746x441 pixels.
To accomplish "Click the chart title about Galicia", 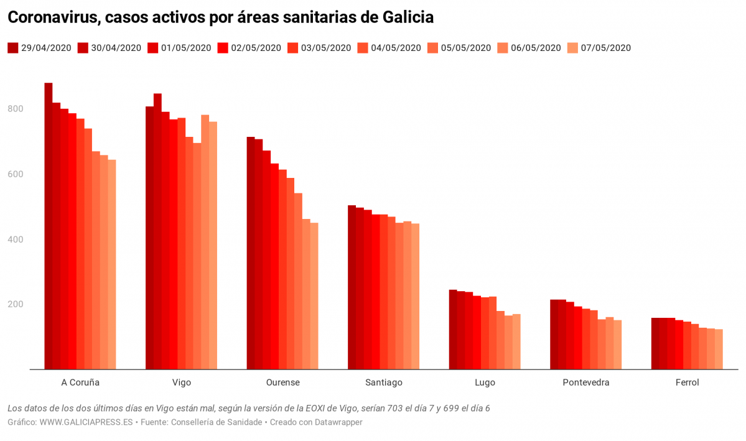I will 220,18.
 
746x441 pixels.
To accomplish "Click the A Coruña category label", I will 80,383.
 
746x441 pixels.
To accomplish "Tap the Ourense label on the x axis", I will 282,383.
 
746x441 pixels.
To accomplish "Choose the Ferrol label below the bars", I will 687,383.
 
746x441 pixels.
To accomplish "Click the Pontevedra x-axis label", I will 585,383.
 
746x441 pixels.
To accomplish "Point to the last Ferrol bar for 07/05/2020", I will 719,349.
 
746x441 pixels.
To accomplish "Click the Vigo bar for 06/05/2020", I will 205,242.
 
